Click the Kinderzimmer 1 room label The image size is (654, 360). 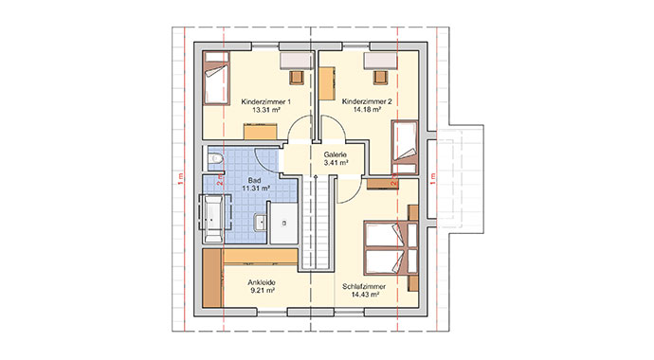(x=265, y=100)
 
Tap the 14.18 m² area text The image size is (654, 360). (x=365, y=110)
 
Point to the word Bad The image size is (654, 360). (x=254, y=179)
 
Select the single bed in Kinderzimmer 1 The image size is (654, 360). (x=216, y=83)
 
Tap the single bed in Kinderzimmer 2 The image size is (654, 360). (x=406, y=144)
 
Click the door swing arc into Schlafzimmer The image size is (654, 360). (x=349, y=187)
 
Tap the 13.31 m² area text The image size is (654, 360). (x=265, y=110)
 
